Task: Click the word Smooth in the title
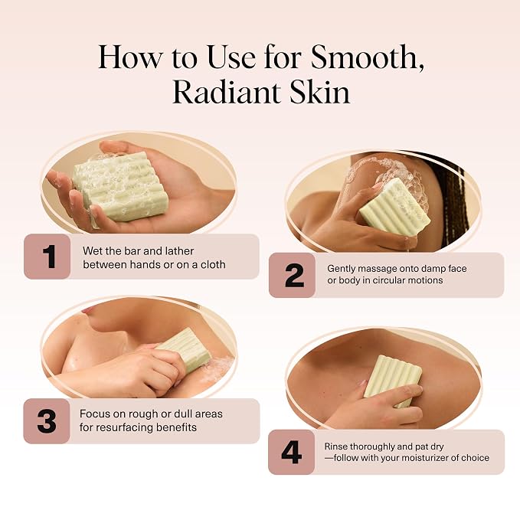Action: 368,57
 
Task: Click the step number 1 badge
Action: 47,257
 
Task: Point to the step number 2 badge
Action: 293,275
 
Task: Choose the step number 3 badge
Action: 47,421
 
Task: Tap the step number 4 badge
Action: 291,452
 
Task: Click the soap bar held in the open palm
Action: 121,186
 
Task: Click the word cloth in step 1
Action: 213,264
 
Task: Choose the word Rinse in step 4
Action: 336,446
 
